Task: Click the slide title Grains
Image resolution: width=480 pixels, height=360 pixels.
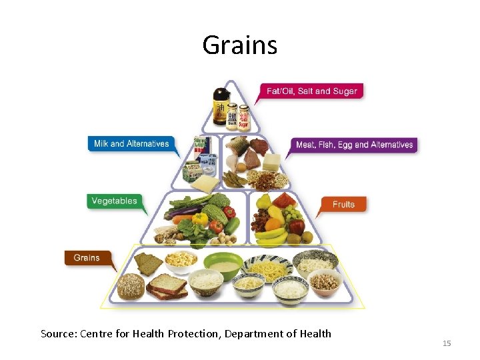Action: click(239, 45)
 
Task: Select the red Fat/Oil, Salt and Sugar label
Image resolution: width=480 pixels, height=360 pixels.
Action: click(311, 91)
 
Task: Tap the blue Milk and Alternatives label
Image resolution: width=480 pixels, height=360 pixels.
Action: click(131, 143)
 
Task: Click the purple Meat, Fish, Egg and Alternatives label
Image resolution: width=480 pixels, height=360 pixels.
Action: click(354, 145)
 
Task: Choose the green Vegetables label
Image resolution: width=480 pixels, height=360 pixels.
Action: click(114, 201)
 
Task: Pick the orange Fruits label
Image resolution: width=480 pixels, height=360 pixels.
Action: click(343, 204)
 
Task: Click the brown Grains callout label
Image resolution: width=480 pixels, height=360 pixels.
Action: click(87, 257)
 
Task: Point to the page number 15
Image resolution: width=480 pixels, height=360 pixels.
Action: click(447, 343)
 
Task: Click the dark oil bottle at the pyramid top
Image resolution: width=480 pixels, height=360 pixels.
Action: click(220, 107)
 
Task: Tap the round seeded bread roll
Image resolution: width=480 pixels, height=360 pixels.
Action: click(131, 287)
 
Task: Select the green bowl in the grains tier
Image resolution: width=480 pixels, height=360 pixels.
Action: click(223, 265)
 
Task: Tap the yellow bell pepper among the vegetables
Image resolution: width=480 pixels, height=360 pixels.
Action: click(199, 219)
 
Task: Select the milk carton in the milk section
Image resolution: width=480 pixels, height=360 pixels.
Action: click(195, 174)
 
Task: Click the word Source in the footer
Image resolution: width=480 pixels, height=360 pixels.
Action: click(58, 333)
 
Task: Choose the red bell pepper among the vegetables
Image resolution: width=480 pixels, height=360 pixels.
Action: click(229, 211)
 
